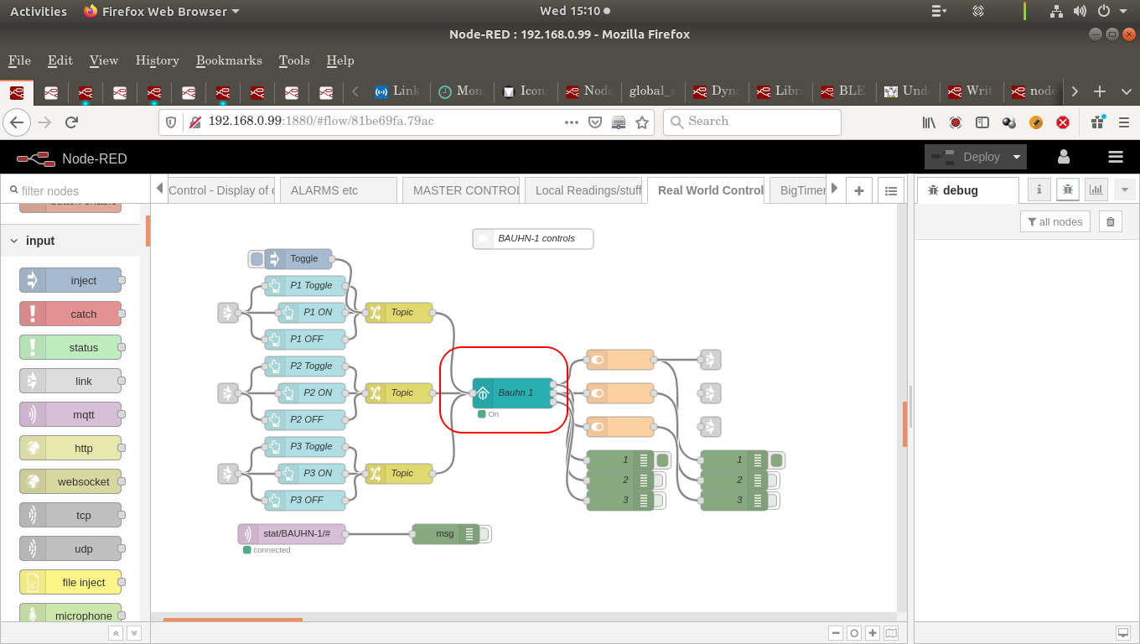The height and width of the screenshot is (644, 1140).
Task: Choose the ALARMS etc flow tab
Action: (x=338, y=190)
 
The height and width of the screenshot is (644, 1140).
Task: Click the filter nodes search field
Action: (x=75, y=191)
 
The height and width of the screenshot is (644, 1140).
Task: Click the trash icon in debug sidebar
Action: (x=1111, y=221)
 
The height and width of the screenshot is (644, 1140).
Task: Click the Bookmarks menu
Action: (x=229, y=60)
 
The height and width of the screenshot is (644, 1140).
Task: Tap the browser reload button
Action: (x=72, y=122)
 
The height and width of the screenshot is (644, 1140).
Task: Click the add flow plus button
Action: (x=859, y=190)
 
